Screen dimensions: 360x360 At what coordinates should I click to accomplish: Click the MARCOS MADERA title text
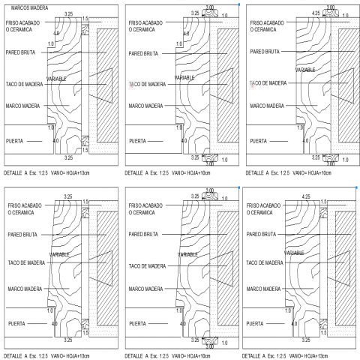[29, 8]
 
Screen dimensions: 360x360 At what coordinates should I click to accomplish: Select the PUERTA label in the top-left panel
[14, 141]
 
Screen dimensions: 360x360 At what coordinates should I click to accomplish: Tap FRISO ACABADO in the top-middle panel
[145, 23]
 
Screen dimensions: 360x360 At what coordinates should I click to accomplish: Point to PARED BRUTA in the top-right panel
[265, 52]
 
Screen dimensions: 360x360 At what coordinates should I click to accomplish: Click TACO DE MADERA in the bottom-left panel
[26, 262]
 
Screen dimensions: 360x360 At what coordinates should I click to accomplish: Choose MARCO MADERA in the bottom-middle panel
[145, 289]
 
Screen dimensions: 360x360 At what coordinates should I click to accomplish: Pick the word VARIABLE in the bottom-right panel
[294, 253]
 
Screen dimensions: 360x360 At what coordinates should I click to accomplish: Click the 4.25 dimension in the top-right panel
[316, 13]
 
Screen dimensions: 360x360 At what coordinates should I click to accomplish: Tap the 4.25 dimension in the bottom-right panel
[306, 196]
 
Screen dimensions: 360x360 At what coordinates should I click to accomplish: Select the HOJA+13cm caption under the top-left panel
[78, 173]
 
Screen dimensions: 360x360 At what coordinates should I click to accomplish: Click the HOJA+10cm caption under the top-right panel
[319, 173]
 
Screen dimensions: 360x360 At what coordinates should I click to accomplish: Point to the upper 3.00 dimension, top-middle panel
[210, 7]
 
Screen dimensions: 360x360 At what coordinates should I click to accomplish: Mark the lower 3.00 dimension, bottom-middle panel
[210, 346]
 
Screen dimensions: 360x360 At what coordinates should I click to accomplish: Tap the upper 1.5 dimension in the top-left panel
[85, 19]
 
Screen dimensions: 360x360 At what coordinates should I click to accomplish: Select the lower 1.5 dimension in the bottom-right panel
[323, 333]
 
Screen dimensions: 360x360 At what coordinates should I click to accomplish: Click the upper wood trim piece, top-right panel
[331, 13]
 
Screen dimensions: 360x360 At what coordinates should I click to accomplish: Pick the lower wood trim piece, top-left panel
[85, 141]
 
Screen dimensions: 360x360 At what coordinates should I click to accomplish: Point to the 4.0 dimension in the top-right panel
[305, 141]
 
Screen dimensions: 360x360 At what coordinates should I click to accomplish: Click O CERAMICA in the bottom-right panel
[259, 212]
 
